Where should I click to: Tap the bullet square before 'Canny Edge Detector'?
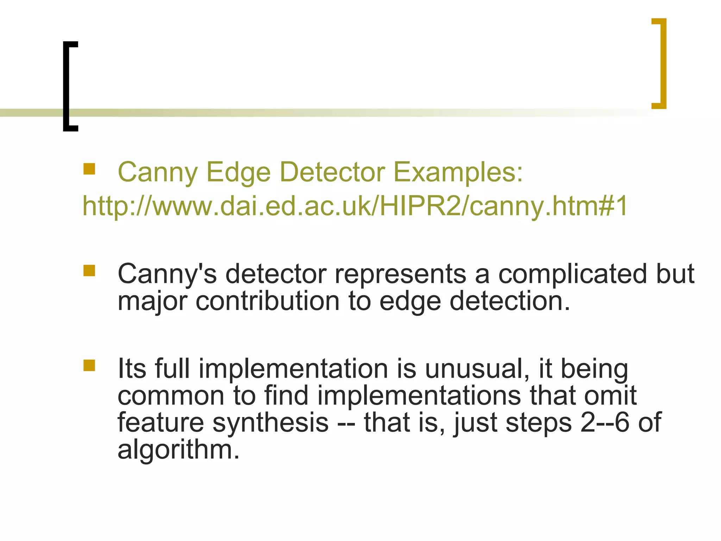(x=89, y=169)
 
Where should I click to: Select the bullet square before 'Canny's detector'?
(x=89, y=271)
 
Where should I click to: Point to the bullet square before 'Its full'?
(x=89, y=365)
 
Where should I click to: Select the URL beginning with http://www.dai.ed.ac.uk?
(x=355, y=206)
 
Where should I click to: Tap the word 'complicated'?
(x=572, y=274)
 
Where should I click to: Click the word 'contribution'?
(x=268, y=301)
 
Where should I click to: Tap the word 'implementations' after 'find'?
(x=419, y=396)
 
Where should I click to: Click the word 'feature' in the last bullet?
(x=161, y=423)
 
